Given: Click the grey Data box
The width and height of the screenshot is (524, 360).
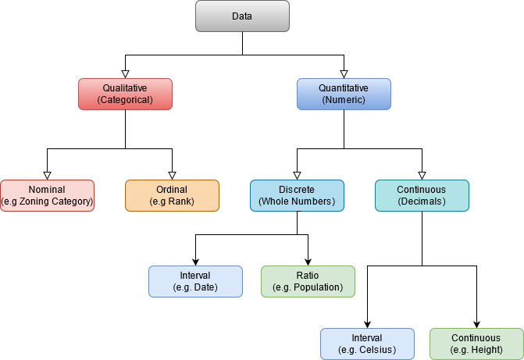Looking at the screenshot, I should [242, 16].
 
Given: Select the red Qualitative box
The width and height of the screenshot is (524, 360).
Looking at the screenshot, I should [125, 94].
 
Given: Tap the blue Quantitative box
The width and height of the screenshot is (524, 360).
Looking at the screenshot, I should [344, 94].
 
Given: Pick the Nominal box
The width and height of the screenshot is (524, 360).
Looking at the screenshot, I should [47, 195].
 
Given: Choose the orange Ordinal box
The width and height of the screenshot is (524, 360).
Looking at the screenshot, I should [172, 195].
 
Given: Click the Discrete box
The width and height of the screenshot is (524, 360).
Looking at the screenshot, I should [297, 195].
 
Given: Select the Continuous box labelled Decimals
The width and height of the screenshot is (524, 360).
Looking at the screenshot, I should [422, 195].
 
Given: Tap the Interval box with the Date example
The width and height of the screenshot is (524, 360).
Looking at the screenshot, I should [195, 281].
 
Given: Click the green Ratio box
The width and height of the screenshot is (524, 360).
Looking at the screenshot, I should [308, 281].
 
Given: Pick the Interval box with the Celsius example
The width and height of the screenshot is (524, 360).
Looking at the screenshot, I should [367, 344].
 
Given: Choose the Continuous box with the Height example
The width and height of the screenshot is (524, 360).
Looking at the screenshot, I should [476, 344].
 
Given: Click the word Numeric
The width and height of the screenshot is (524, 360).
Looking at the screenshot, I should [344, 100].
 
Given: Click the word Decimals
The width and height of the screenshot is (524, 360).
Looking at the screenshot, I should [422, 202].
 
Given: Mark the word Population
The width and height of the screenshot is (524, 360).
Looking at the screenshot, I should [315, 288].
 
